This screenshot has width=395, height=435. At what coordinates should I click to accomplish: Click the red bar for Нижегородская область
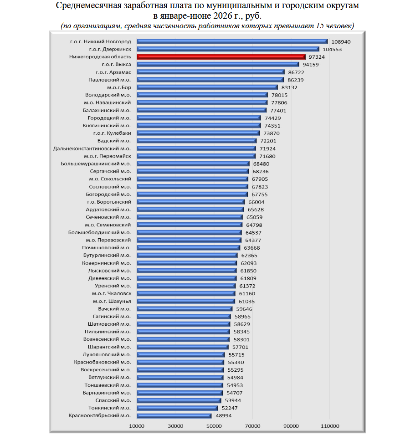coord(221,57)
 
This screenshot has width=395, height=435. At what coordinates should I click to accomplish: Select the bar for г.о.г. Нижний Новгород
coord(232,41)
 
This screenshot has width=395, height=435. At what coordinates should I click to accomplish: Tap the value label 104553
coord(332,49)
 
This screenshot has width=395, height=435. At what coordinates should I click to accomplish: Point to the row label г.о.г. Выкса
coord(117,64)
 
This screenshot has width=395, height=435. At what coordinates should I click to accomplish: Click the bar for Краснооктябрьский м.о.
coord(174,415)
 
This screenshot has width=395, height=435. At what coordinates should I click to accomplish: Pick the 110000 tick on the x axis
coord(330,426)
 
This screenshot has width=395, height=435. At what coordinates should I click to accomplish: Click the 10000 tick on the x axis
coord(137,426)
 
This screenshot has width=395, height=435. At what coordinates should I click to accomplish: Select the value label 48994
coord(224,415)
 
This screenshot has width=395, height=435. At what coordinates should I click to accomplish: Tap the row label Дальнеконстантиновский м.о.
coord(92,148)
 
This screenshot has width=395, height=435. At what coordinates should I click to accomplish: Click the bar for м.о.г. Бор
coord(207,87)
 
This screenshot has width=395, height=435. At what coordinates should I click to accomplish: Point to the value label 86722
coord(296,72)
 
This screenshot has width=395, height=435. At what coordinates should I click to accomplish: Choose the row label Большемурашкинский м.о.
coord(96,164)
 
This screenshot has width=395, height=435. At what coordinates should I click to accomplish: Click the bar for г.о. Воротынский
coord(191,202)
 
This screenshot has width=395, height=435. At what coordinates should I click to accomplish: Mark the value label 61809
coord(248,278)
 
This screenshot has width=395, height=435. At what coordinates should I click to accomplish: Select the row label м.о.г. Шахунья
coord(112,301)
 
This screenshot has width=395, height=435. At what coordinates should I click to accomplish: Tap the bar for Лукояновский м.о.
coord(181,354)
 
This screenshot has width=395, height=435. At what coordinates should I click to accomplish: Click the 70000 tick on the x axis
coord(253,426)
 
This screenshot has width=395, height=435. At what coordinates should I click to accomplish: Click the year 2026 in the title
coord(223,16)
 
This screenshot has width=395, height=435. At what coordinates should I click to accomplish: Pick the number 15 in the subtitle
coord(320,26)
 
